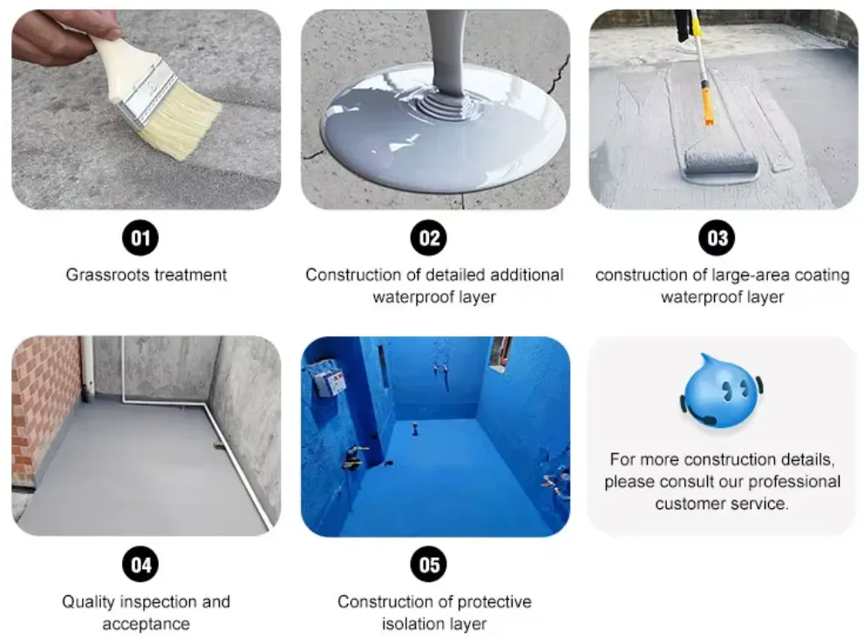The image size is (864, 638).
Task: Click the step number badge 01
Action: (x=140, y=238)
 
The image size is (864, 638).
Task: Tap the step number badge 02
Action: (x=428, y=238)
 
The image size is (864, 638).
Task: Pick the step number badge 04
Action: (x=140, y=565)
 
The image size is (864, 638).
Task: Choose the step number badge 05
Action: (x=428, y=565)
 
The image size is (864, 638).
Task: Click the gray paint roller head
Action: (x=719, y=160)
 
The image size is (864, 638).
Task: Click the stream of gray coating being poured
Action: (x=446, y=52)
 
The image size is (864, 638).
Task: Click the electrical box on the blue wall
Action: (x=330, y=382)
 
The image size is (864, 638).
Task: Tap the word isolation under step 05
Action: (x=418, y=624)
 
